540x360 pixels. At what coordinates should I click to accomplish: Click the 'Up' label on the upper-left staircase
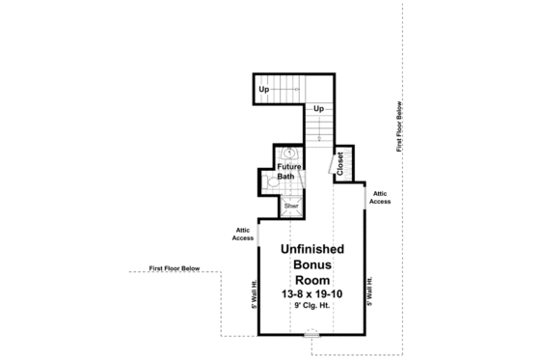[263, 91]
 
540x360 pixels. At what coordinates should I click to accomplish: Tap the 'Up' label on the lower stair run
[317, 109]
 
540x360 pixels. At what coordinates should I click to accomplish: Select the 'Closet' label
[340, 164]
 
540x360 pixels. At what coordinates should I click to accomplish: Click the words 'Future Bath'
[287, 172]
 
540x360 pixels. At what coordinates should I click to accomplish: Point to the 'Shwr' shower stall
[290, 206]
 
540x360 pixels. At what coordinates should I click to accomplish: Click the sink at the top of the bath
[289, 152]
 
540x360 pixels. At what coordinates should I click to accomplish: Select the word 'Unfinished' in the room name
[313, 248]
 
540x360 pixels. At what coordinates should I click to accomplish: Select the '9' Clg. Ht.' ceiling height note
[313, 305]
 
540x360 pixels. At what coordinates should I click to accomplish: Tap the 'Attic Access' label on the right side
[380, 198]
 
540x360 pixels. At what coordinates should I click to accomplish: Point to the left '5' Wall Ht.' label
[254, 293]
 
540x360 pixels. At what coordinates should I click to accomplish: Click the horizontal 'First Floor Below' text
[175, 267]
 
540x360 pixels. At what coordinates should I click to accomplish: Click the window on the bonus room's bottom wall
[310, 335]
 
